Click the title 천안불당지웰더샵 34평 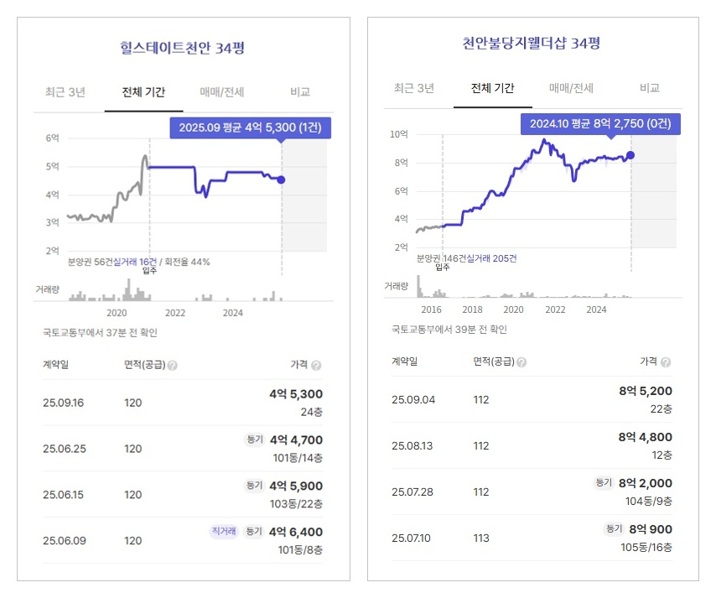pos(532,44)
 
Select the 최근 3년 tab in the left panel pos(65,92)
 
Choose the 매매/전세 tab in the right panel pos(571,88)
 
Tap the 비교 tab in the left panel pos(300,92)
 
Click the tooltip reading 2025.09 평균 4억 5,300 pos(251,127)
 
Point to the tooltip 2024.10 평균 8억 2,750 pos(599,124)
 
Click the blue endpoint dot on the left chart pos(281,179)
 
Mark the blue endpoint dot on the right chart pos(630,155)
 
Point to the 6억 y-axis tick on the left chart pos(52,138)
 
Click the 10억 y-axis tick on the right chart pos(399,134)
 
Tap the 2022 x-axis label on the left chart pos(175,313)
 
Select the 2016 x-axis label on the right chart pos(431,309)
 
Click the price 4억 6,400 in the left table pos(295,532)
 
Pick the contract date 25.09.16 pos(64,403)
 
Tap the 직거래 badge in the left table pos(224,531)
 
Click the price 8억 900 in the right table pos(651,529)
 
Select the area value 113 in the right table pos(481,538)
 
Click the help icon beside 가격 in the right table pos(666,362)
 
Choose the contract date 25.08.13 pos(413,445)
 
